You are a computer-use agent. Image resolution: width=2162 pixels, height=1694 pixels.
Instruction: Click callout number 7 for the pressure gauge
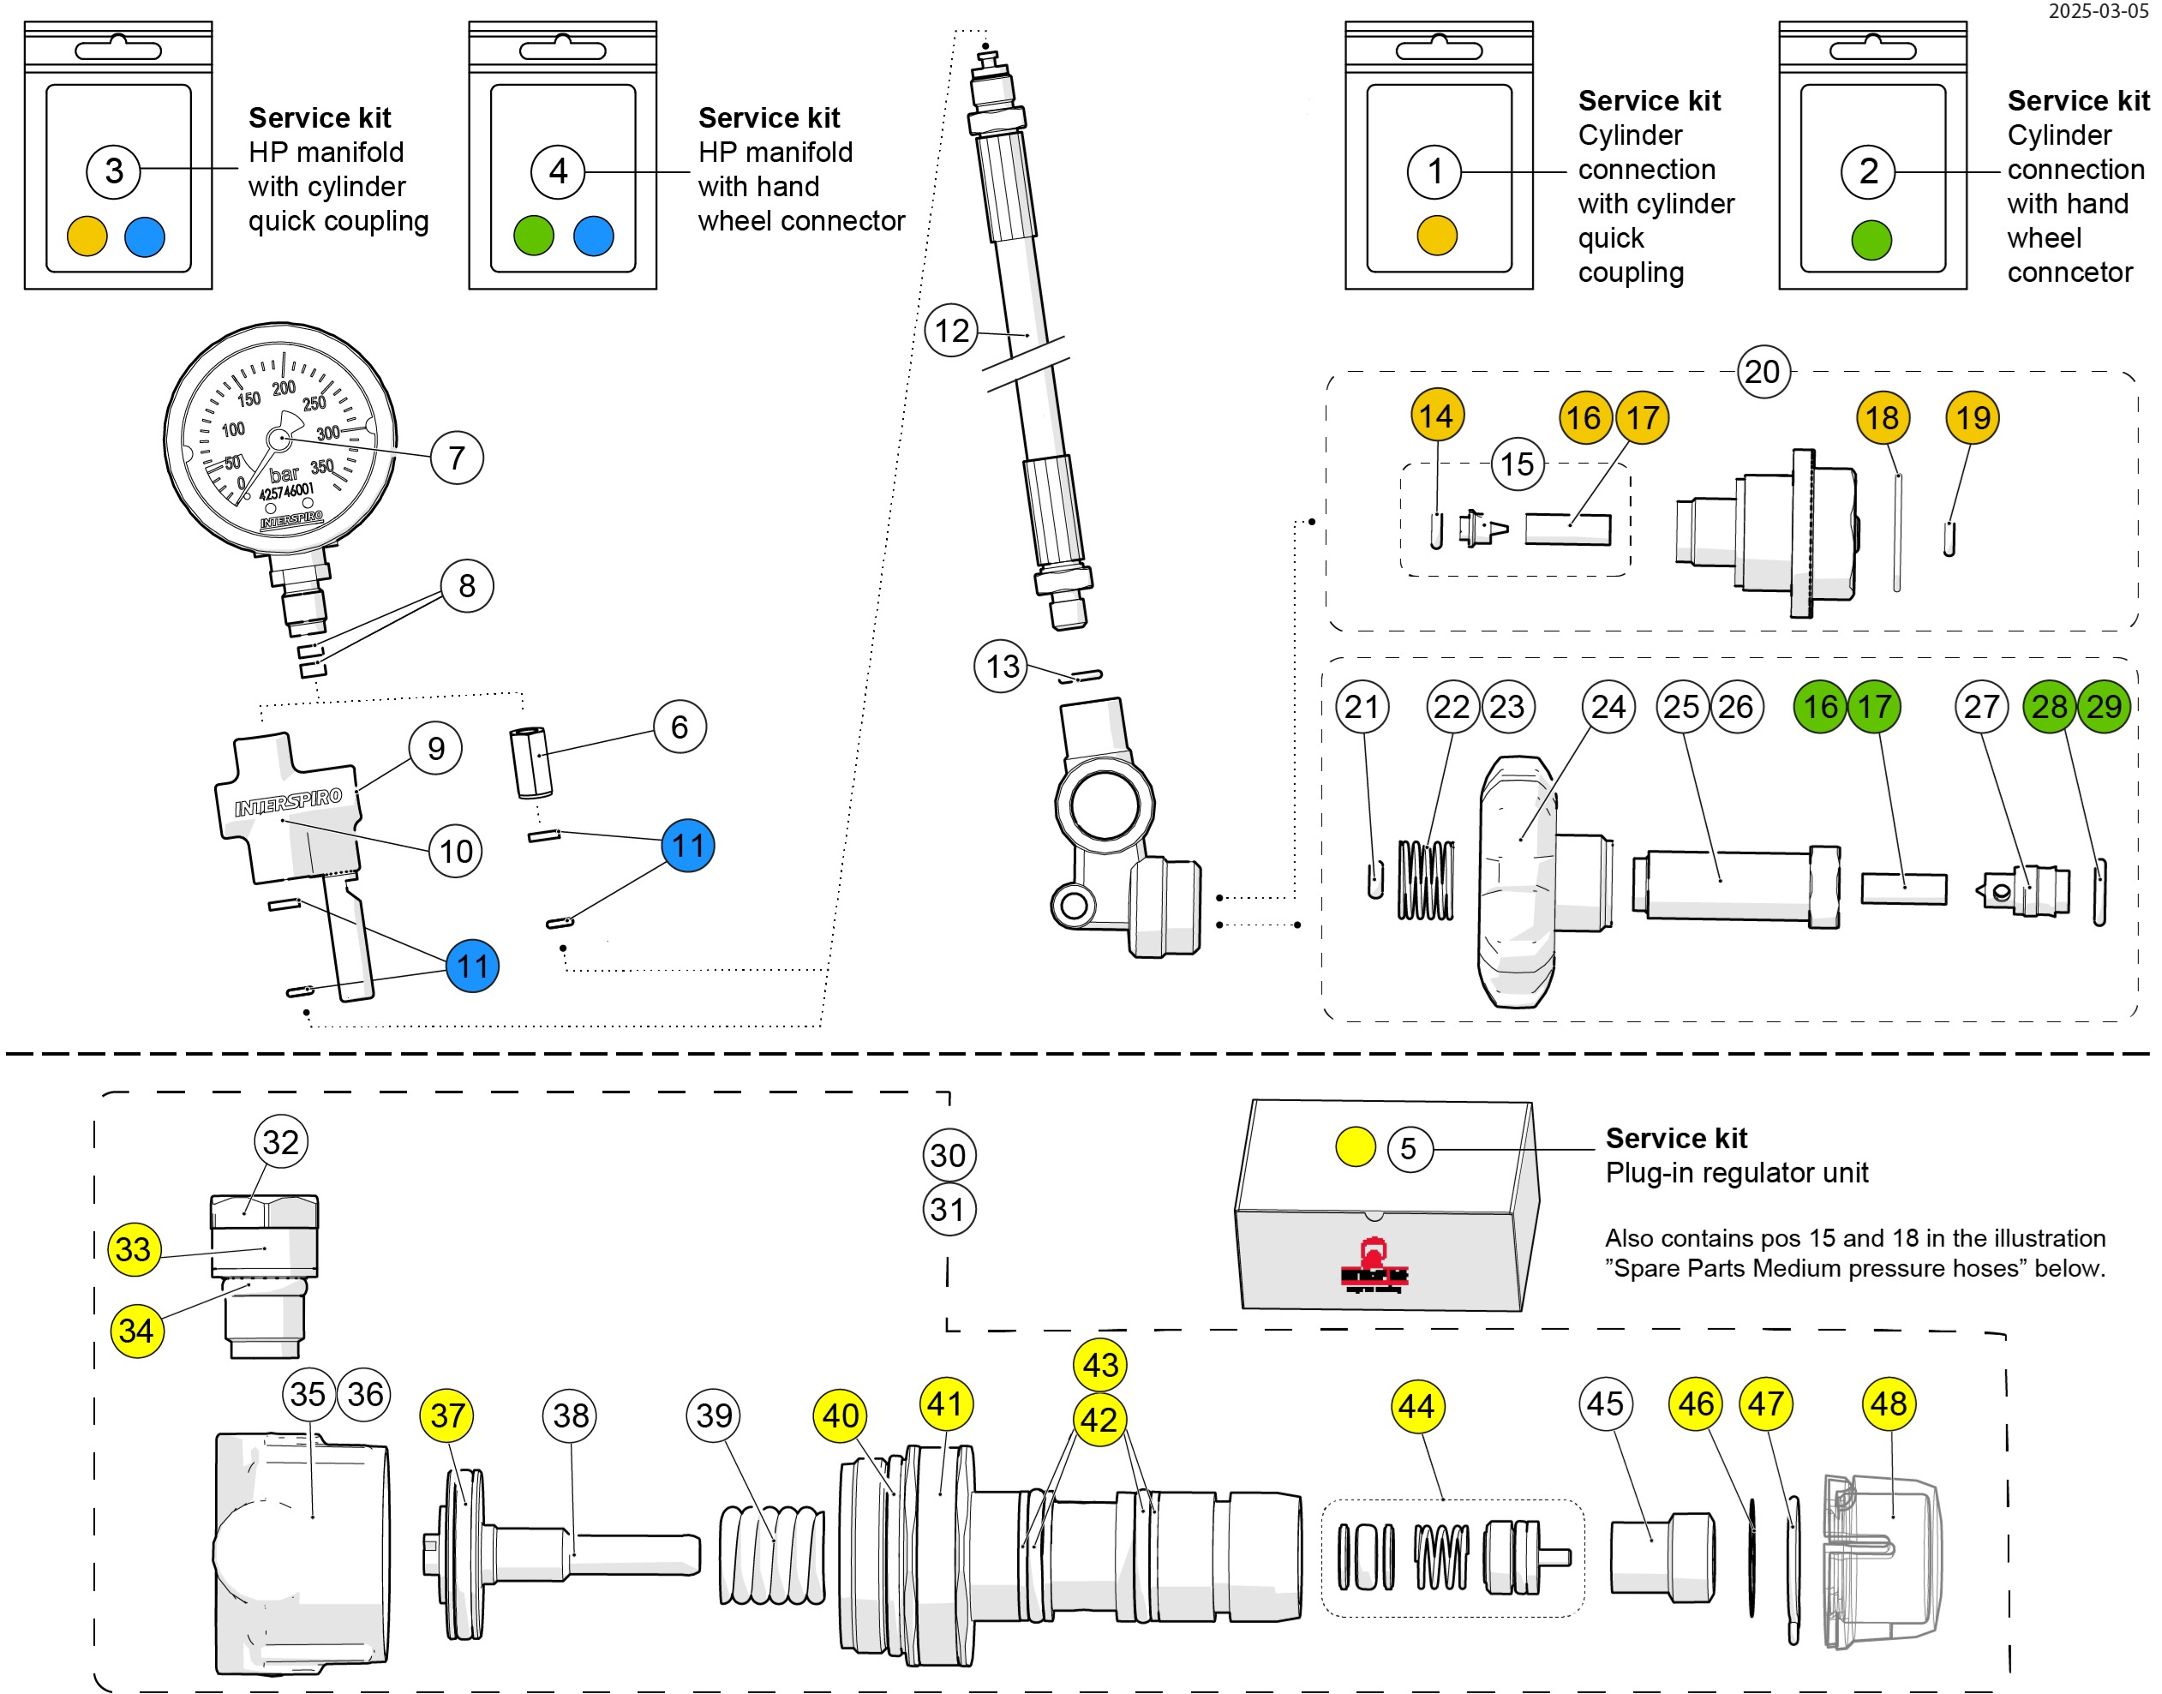click(x=456, y=458)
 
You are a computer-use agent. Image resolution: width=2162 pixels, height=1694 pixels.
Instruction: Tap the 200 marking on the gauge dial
click(x=284, y=388)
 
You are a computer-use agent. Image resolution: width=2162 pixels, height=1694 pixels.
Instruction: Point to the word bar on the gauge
click(x=284, y=474)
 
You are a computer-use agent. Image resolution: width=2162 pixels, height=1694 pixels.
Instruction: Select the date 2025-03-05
click(x=2099, y=11)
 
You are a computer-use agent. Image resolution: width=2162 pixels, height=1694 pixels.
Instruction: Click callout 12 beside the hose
click(x=951, y=330)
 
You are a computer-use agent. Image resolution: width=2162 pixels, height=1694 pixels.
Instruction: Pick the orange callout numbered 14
click(x=1436, y=416)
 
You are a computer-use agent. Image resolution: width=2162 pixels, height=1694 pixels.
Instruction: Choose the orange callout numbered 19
click(x=1973, y=417)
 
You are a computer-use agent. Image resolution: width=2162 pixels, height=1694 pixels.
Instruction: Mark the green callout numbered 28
click(x=2049, y=706)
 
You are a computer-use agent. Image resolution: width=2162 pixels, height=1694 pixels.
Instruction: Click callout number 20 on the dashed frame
click(x=1763, y=372)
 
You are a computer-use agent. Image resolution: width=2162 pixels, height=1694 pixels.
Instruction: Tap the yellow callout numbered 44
click(x=1416, y=1406)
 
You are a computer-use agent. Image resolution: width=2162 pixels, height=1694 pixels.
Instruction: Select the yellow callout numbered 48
click(x=1889, y=1404)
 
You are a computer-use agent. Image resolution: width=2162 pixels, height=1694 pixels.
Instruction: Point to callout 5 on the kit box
click(x=1408, y=1148)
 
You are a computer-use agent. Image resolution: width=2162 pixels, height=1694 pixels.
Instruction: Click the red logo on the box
click(x=1374, y=1266)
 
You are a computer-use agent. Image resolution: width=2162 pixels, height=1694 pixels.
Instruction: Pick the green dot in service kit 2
click(x=1872, y=240)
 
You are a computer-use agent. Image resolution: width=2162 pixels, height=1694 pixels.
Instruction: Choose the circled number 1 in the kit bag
click(x=1434, y=171)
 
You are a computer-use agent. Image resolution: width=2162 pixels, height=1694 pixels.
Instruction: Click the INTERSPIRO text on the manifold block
click(x=289, y=802)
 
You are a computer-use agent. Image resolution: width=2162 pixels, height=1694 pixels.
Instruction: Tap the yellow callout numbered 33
click(x=134, y=1248)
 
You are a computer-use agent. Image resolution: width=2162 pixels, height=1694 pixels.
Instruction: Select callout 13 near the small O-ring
click(x=1002, y=666)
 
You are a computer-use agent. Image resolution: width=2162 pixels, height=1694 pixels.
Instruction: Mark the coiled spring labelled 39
click(x=770, y=1553)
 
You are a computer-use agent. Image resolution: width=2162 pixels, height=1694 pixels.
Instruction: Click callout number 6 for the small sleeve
click(x=680, y=727)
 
